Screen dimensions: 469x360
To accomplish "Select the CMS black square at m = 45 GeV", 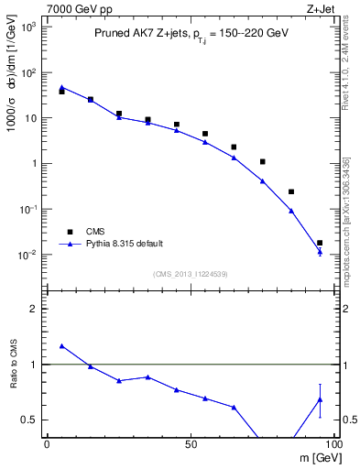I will pyautogui.click(x=177, y=125).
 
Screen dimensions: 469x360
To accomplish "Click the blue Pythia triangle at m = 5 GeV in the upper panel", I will pyautogui.click(x=61, y=88).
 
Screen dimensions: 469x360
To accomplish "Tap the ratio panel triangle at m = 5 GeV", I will pyautogui.click(x=61, y=345).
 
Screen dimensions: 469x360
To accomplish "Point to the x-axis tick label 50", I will pyautogui.click(x=190, y=443).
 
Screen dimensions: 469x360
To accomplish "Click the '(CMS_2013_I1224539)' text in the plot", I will pyautogui.click(x=190, y=274).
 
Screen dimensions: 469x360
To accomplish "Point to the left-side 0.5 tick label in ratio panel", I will pyautogui.click(x=30, y=420).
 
